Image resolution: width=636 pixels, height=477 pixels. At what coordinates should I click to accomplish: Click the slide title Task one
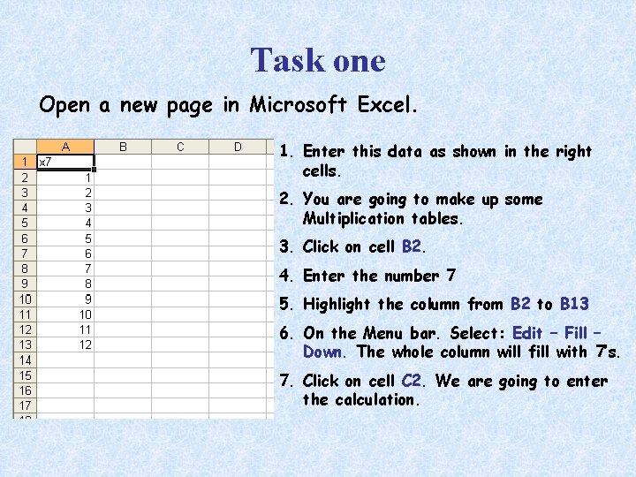pyautogui.click(x=318, y=60)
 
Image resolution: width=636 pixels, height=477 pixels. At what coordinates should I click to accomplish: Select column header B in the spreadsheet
pyautogui.click(x=123, y=147)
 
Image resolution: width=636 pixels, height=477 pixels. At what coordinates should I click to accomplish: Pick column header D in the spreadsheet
pyautogui.click(x=238, y=147)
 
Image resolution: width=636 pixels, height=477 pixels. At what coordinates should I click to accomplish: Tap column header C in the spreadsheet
pyautogui.click(x=180, y=147)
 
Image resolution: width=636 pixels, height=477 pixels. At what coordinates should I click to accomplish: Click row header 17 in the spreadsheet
pyautogui.click(x=24, y=405)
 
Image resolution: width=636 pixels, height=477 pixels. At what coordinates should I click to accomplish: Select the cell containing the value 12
pyautogui.click(x=85, y=344)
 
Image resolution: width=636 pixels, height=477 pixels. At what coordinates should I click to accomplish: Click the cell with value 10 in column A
pyautogui.click(x=85, y=314)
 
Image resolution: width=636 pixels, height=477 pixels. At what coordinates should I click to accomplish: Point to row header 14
pyautogui.click(x=24, y=360)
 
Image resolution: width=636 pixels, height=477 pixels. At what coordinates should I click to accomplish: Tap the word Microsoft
pyautogui.click(x=298, y=106)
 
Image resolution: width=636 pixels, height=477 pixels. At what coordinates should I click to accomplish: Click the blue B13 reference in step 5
pyautogui.click(x=574, y=304)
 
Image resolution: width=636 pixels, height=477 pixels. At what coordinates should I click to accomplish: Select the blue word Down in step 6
pyautogui.click(x=323, y=352)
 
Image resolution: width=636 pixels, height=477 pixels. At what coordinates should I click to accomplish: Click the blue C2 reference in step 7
pyautogui.click(x=412, y=381)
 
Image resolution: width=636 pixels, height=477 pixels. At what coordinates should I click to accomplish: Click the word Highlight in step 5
pyautogui.click(x=337, y=304)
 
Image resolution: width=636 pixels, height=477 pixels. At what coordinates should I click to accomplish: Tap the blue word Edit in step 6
pyautogui.click(x=527, y=333)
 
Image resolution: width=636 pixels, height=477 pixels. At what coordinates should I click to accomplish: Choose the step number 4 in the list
pyautogui.click(x=285, y=276)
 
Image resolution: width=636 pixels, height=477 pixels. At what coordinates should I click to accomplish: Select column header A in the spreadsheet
pyautogui.click(x=65, y=147)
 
